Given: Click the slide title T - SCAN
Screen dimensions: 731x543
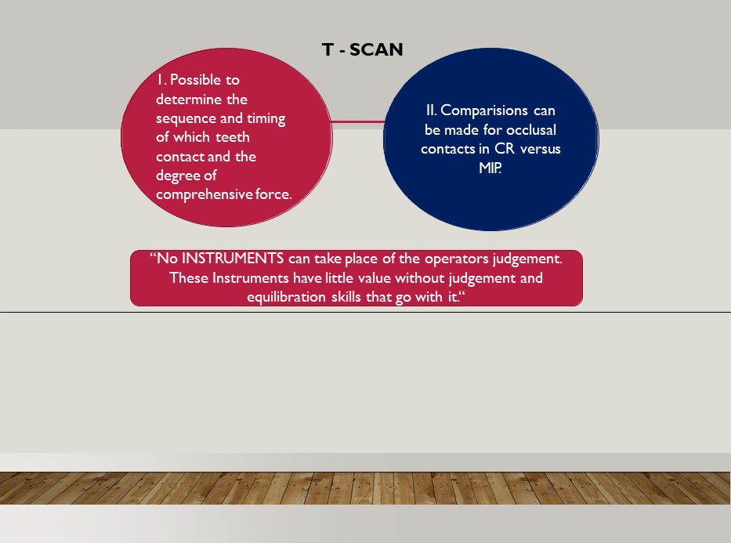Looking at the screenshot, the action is pos(362,49).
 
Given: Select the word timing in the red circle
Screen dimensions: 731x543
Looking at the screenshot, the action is pos(266,119).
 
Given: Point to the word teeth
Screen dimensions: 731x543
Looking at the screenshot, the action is pos(233,137).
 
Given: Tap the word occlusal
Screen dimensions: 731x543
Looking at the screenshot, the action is pos(531,129).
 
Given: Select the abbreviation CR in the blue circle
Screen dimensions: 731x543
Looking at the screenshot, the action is pos(505,149).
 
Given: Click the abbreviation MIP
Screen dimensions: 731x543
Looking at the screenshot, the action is pos(490,168).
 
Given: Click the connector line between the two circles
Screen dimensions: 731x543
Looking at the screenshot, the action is pos(357,121).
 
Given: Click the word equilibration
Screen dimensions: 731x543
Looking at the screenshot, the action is pos(286,297).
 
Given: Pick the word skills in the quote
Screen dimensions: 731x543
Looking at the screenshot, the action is pos(346,296).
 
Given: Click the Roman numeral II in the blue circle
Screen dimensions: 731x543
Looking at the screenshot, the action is pos(431,110).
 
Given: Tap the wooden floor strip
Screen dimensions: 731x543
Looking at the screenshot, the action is pos(365,488).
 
